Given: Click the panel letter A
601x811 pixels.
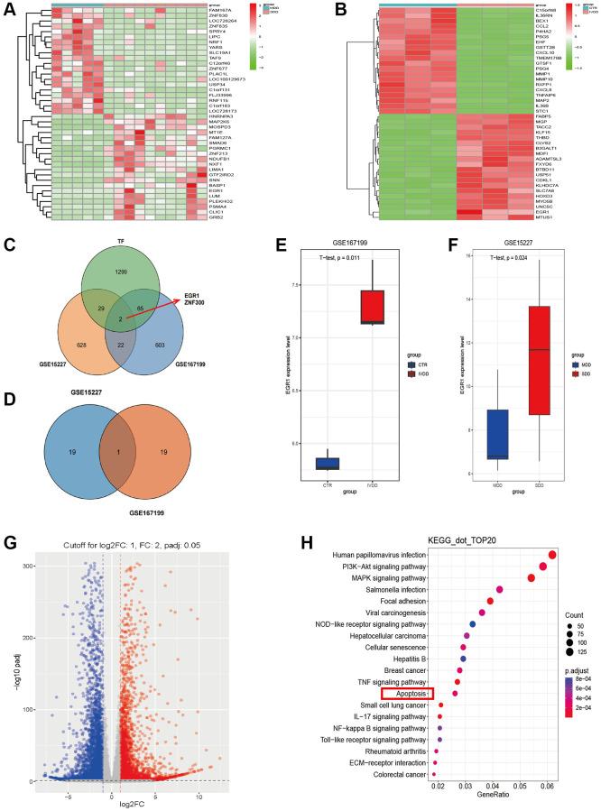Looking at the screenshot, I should (10, 12).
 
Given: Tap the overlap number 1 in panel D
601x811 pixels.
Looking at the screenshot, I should (118, 451).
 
